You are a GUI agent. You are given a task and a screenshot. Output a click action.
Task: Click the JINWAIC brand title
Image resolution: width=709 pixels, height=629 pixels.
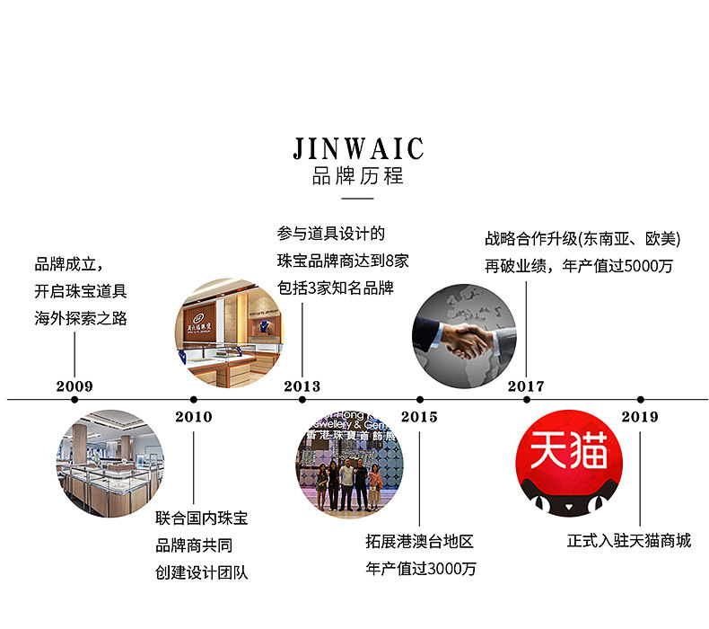coord(358,147)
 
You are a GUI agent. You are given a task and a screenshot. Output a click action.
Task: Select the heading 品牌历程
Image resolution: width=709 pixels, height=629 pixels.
coord(358,175)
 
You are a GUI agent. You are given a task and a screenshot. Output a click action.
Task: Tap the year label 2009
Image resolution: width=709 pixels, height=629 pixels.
coord(74,386)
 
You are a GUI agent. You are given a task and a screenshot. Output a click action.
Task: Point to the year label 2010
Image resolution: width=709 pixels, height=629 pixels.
coord(194,416)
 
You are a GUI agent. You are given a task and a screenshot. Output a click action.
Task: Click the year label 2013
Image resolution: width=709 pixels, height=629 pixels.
coord(302,386)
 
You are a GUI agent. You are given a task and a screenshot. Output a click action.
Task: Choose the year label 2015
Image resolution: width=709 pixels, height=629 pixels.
coord(419,416)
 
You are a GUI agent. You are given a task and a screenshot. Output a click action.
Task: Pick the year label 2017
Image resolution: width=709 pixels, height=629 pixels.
coord(526,386)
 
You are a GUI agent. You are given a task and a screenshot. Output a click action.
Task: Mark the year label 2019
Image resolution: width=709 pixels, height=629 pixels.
coord(640,416)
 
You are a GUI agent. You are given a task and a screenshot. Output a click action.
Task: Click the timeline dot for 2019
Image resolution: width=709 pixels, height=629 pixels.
coord(640,399)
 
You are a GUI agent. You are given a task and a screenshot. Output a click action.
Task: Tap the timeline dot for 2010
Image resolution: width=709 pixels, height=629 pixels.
coord(194,399)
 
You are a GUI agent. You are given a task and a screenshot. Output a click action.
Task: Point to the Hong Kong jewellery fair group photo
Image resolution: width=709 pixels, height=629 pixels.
coord(349,462)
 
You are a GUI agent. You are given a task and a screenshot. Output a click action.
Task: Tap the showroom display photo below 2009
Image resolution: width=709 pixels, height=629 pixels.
coord(109,463)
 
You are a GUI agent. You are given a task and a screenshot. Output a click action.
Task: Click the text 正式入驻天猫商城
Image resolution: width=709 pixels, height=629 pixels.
coord(629,541)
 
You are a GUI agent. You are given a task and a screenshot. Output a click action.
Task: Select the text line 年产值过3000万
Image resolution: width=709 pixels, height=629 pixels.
coord(421,569)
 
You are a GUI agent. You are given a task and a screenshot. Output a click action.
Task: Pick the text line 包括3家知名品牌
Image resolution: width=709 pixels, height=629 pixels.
coord(335,288)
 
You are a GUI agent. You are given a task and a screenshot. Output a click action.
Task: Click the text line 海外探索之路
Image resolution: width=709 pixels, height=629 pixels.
coord(81,318)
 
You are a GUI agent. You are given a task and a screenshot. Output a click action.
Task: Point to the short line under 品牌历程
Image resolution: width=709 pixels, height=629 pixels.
coord(358,198)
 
